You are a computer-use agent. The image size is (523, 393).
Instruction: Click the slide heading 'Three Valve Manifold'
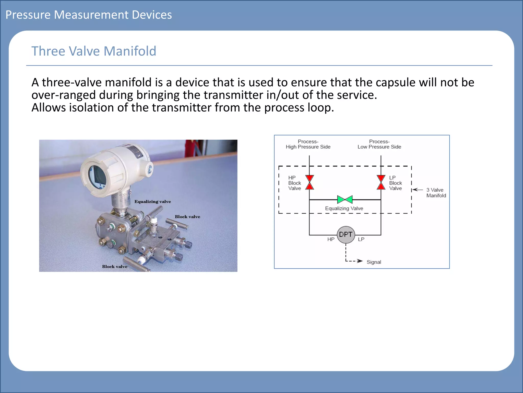[94, 51]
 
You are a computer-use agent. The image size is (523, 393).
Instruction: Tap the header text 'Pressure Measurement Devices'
[89, 15]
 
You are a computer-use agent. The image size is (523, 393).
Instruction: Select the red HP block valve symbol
[310, 182]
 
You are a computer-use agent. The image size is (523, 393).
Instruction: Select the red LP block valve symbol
[381, 182]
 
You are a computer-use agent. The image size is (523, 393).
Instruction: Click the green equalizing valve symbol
[345, 199]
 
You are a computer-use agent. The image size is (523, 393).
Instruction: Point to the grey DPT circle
[346, 235]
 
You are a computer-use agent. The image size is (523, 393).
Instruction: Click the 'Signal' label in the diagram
[374, 262]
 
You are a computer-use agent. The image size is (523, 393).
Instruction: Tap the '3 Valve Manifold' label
[436, 193]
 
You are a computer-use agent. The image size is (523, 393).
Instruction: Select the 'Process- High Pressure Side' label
[308, 144]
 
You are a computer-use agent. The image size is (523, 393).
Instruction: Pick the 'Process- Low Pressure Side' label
[379, 144]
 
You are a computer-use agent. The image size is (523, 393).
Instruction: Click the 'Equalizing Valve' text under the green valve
[344, 209]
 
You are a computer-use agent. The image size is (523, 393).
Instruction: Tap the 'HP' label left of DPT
[331, 239]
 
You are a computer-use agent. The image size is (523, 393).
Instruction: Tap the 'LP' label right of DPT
[361, 239]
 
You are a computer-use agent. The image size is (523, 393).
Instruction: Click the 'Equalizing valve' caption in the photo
[152, 202]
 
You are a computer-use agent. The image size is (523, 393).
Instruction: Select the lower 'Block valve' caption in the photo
[115, 267]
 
